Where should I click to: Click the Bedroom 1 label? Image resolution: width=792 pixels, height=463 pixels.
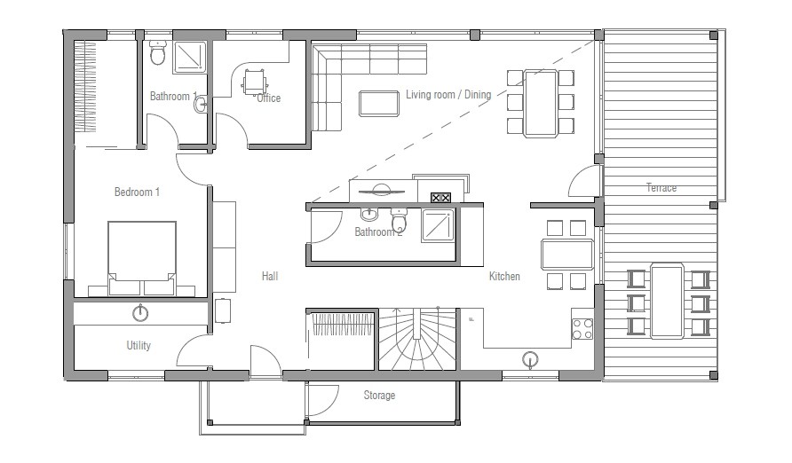click(137, 192)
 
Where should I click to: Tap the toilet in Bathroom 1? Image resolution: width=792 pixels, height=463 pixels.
click(158, 55)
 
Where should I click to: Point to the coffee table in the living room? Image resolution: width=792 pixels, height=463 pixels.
click(378, 103)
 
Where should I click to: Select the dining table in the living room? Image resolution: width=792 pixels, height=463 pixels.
click(540, 102)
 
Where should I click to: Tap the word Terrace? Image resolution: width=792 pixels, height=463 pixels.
click(661, 188)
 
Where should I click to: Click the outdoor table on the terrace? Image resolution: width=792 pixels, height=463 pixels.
click(667, 300)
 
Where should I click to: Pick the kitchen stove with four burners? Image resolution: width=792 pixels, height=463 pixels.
click(582, 328)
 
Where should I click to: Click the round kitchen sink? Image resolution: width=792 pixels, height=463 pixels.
click(531, 358)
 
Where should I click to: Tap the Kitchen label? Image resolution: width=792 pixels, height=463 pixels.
click(504, 277)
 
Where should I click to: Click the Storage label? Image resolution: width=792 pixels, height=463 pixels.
click(379, 395)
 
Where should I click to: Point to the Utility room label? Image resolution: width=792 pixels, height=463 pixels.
click(139, 346)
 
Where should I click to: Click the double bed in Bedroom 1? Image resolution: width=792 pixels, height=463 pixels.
click(142, 257)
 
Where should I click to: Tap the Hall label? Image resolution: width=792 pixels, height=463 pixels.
click(270, 277)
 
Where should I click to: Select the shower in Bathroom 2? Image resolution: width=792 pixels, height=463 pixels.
click(438, 225)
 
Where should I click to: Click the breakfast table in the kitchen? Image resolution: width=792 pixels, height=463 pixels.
click(567, 255)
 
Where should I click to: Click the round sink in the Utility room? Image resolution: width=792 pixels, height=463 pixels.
click(140, 312)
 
